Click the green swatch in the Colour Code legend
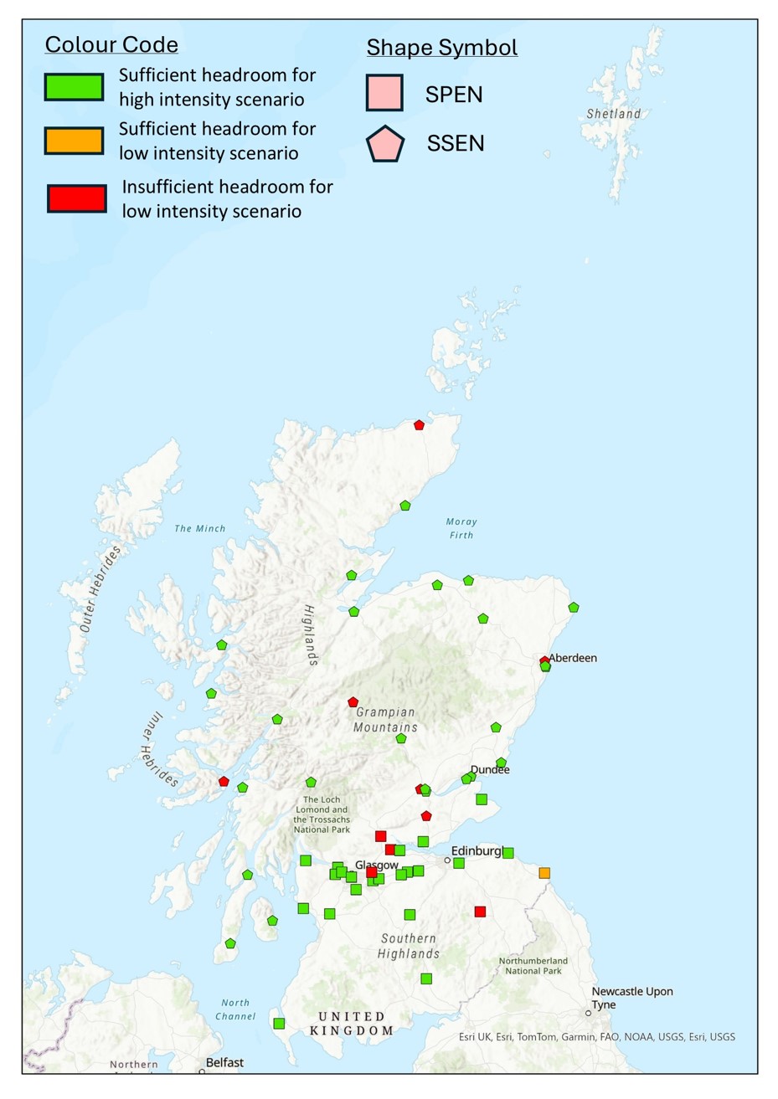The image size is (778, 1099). click(74, 87)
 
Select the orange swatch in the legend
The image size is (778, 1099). click(74, 141)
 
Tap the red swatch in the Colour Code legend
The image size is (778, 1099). click(76, 198)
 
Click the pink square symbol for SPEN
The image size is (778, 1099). click(384, 93)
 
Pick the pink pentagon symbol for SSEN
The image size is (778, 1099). click(385, 144)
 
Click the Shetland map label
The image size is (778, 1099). click(613, 114)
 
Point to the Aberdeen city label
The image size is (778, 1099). click(573, 658)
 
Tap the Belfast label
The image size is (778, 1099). click(224, 1062)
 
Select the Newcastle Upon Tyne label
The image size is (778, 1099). click(631, 998)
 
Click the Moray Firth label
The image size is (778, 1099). click(461, 528)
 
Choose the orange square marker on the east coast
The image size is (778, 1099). click(544, 873)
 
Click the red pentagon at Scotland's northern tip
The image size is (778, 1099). click(420, 425)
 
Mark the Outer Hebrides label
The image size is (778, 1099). click(100, 588)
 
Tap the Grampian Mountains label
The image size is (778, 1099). click(385, 720)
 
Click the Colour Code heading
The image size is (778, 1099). click(111, 44)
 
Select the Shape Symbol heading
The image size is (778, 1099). click(441, 48)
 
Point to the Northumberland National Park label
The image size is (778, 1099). click(533, 966)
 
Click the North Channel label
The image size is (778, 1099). click(235, 1009)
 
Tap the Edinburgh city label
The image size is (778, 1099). click(477, 851)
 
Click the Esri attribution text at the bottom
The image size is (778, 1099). click(596, 1037)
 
